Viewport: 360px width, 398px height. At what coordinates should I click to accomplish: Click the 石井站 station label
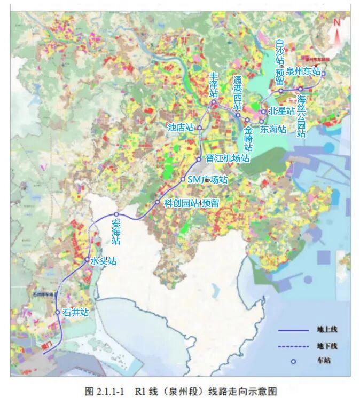pyautogui.click(x=75, y=313)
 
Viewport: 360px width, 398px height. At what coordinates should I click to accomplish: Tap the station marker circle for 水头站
pyautogui.click(x=87, y=260)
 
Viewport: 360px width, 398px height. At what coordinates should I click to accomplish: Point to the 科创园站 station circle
pyautogui.click(x=158, y=202)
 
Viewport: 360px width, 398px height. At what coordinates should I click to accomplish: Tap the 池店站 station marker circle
pyautogui.click(x=199, y=128)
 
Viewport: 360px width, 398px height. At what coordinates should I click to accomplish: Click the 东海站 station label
pyautogui.click(x=273, y=129)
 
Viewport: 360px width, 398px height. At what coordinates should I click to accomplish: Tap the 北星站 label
pyautogui.click(x=281, y=112)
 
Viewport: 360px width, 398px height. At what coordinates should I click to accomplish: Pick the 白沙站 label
pyautogui.click(x=279, y=53)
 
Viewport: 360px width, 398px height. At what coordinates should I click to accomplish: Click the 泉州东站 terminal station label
pyautogui.click(x=303, y=71)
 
